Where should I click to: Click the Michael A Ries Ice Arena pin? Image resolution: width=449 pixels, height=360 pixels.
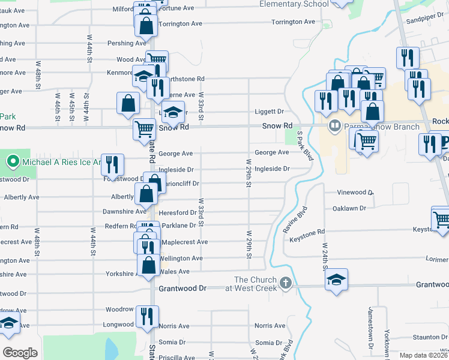12,161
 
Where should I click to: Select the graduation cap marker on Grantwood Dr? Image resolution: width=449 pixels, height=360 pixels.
337,279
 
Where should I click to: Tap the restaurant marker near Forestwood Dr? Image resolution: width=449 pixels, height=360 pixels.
112,164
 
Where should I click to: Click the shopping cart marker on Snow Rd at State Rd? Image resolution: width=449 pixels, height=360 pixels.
144,128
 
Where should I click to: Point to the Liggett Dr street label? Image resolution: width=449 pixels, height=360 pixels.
269,112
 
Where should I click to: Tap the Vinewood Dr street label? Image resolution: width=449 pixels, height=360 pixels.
355,193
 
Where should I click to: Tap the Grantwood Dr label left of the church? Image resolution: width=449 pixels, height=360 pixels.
182,289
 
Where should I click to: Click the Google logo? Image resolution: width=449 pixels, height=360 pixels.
20,352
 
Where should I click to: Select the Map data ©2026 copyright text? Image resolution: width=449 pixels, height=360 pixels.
424,355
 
